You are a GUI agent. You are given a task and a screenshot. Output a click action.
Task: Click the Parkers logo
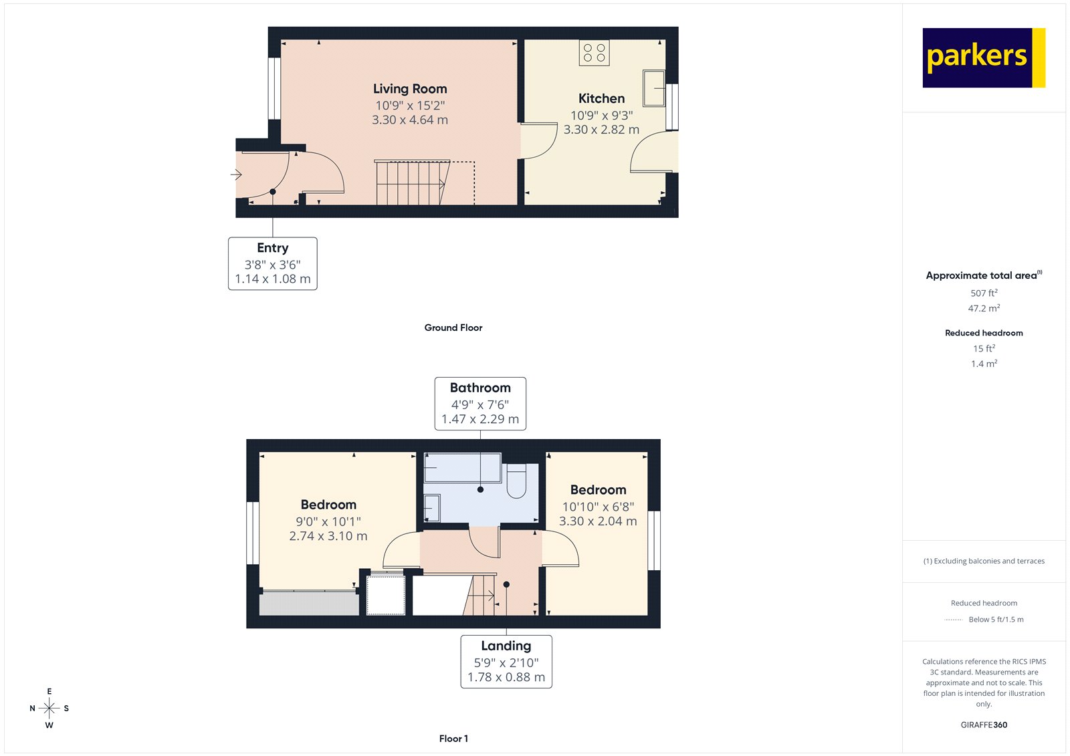pos(983,57)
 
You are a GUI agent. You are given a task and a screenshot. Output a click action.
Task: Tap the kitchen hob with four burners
pos(594,53)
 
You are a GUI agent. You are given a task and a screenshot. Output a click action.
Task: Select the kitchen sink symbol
pos(653,88)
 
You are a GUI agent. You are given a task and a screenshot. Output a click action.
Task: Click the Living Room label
pos(410,89)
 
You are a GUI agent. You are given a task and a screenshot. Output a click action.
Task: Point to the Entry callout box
pos(272,263)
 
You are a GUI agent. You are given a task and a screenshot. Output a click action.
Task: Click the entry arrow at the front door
pos(236,175)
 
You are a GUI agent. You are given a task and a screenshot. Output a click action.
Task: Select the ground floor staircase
pos(410,182)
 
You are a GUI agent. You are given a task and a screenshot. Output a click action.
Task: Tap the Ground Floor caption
pos(453,328)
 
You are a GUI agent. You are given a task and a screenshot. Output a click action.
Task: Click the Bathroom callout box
pos(480,403)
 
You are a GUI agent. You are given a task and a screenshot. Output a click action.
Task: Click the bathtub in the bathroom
pos(462,468)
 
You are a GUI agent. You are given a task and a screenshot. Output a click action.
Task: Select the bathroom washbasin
pos(431,508)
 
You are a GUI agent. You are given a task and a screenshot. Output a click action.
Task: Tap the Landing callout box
pos(506,662)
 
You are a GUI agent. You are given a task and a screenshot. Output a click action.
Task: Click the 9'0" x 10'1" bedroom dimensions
pos(328,521)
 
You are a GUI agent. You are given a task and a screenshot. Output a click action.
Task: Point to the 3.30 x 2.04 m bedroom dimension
pos(598,521)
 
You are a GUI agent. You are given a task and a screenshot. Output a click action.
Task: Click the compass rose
pos(49,708)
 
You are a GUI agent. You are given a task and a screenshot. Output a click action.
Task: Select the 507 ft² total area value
pos(984,293)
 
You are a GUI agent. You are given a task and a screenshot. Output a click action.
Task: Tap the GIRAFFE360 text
pos(984,725)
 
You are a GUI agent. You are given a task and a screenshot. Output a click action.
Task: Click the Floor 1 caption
pos(453,739)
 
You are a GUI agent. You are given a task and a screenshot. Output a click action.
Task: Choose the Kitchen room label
pos(601,98)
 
